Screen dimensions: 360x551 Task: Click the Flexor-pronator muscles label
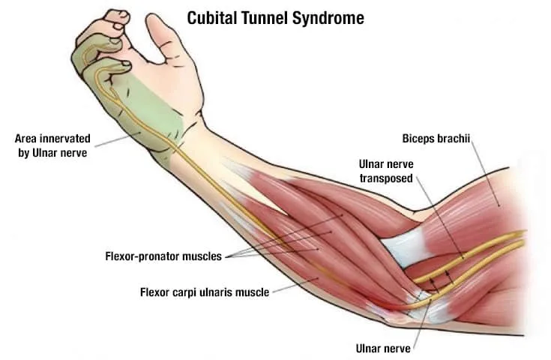(x=163, y=256)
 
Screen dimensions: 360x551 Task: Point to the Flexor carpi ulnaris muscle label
(x=204, y=292)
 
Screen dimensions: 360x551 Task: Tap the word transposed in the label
(x=386, y=178)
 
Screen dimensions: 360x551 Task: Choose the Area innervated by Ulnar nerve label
(x=52, y=145)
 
